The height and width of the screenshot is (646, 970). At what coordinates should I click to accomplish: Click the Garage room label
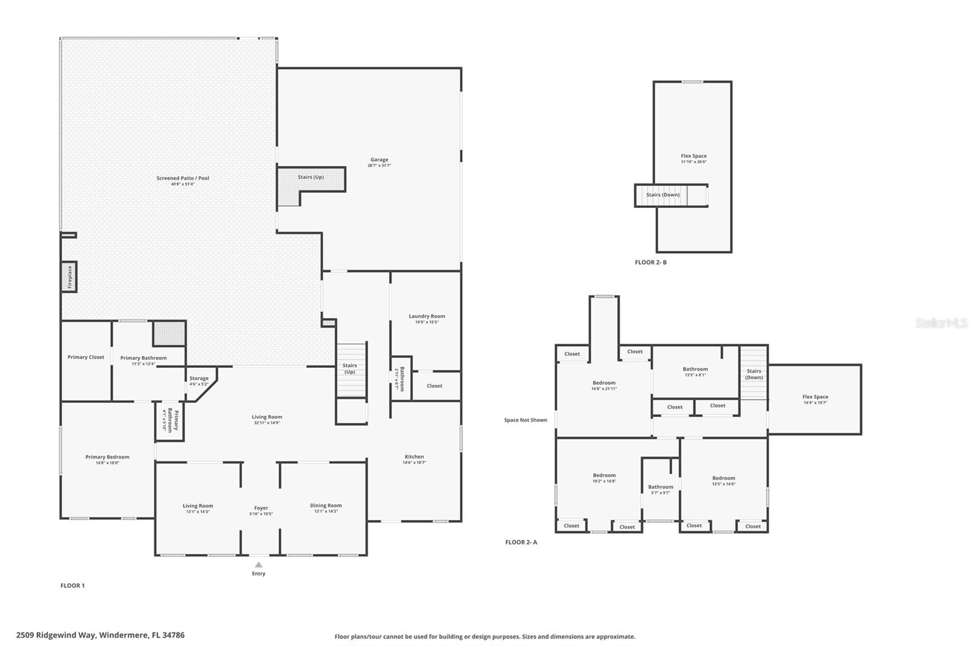pos(380,162)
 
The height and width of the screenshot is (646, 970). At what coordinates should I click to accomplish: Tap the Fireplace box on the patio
pos(69,277)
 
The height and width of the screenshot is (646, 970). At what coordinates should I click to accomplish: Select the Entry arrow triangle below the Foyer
pos(259,565)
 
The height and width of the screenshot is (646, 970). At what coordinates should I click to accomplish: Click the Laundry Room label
pos(427,318)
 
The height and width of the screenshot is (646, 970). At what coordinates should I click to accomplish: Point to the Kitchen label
pos(415,459)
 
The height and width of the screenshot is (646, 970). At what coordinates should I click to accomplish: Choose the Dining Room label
pos(326,508)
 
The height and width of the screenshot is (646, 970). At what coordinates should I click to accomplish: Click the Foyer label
pos(261,510)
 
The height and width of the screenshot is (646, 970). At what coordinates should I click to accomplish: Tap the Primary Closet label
pos(86,357)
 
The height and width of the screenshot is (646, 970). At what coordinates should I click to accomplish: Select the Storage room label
pos(199,381)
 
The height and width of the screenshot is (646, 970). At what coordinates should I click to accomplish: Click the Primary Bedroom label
pos(107,459)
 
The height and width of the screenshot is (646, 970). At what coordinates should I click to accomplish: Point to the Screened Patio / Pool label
pos(182,181)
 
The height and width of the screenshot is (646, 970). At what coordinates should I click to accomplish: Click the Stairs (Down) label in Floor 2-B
pos(663,195)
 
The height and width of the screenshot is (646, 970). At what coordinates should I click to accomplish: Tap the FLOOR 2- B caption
pos(651,262)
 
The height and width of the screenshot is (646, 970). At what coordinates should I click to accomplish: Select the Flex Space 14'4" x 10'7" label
pos(815,399)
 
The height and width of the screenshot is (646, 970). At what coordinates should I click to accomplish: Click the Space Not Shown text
pos(526,420)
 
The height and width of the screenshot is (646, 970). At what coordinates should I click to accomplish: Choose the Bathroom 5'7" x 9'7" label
pos(661,489)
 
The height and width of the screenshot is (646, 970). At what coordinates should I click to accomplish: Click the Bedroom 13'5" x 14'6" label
pos(724,481)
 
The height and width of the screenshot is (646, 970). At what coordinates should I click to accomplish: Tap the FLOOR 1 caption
pos(73,585)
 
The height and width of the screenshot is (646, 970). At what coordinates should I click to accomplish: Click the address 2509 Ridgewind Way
pos(100,635)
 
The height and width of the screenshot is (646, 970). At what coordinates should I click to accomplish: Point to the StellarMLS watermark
pos(941,324)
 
